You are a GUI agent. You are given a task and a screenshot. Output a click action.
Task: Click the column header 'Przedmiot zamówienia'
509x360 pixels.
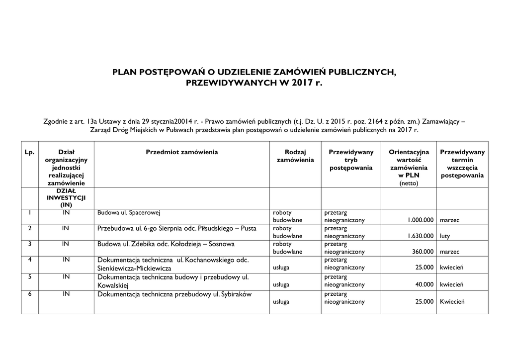(x=181, y=152)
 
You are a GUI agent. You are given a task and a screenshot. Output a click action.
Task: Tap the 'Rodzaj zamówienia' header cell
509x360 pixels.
(x=295, y=156)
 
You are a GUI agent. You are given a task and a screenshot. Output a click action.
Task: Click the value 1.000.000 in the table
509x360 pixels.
(x=420, y=220)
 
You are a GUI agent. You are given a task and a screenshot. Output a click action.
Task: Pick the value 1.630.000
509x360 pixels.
(x=420, y=236)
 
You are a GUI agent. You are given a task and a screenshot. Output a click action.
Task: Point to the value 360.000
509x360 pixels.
(x=423, y=252)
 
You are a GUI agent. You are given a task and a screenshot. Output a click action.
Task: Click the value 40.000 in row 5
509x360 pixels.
(x=424, y=284)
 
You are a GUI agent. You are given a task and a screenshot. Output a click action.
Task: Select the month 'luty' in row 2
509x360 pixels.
(x=445, y=236)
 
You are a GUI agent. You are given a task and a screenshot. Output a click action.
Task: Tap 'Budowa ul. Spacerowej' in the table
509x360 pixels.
(x=129, y=213)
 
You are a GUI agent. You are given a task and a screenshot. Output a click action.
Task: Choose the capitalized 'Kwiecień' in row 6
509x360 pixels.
(x=451, y=301)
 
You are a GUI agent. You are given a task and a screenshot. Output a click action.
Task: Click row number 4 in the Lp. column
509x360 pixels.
(x=30, y=260)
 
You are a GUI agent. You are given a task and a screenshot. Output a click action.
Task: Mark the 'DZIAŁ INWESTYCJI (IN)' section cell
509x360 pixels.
(x=66, y=197)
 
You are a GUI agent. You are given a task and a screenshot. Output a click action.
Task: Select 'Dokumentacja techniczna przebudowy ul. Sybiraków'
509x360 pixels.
(x=174, y=294)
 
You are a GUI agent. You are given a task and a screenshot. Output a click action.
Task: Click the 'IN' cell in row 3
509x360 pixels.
(x=66, y=244)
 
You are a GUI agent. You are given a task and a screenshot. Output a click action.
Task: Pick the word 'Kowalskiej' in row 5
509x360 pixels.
(x=113, y=286)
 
